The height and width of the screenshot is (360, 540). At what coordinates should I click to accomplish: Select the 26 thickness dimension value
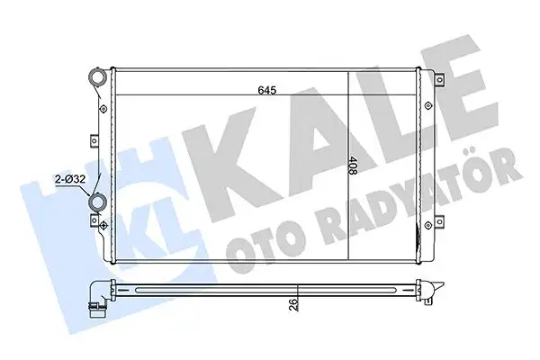[293, 304]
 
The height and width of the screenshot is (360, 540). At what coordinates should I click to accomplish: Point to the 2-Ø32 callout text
[68, 179]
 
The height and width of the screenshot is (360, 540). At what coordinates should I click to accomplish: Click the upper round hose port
[97, 82]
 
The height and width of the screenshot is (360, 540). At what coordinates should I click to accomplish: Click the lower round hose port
[97, 203]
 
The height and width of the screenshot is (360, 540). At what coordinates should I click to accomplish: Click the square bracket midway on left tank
[93, 139]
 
